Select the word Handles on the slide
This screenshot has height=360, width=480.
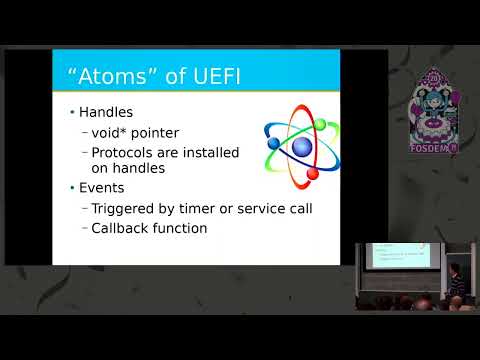coord(106,113)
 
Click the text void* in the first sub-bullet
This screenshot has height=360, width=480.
coord(111,132)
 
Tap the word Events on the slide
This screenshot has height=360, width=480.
coord(101,188)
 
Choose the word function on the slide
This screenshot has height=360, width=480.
coord(182,228)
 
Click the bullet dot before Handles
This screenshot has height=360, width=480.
coord(71,113)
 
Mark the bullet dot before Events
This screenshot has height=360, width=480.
coord(71,188)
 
